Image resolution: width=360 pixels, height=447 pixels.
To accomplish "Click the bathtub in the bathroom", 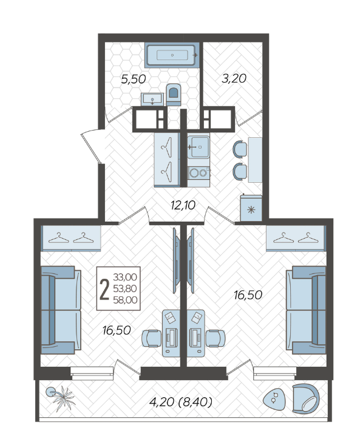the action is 172,55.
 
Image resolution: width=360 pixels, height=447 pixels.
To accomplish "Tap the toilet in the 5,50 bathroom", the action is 174,94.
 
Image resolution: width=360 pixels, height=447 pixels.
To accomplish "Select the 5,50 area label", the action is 134,79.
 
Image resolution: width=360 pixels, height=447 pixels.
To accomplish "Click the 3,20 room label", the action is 234,78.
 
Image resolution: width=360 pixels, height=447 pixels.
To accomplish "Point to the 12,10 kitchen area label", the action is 183,205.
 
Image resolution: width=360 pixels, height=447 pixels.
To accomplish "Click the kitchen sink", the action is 199,147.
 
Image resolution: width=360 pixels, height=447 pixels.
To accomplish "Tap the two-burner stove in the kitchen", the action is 199,172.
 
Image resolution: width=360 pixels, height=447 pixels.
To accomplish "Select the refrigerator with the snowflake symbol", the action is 251,208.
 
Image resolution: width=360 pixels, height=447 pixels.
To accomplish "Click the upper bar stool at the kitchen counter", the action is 240,149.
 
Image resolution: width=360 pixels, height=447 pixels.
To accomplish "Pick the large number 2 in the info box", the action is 104,288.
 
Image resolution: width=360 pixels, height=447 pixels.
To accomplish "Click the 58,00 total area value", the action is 126,300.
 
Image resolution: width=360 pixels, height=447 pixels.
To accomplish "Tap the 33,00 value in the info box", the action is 125,277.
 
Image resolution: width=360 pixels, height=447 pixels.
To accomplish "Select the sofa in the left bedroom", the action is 61,310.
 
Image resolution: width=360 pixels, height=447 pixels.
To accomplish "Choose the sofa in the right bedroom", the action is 307,310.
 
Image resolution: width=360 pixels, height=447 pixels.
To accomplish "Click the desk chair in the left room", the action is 152,338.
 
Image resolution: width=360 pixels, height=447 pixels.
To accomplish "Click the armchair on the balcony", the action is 306,398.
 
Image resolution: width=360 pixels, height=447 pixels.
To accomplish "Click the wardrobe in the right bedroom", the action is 296,238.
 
